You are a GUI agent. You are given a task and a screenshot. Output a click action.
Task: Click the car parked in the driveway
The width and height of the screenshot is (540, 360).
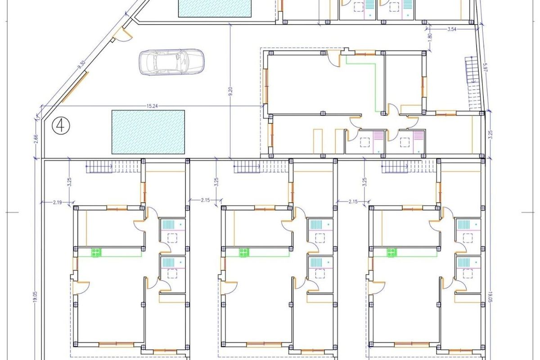coord(171,62)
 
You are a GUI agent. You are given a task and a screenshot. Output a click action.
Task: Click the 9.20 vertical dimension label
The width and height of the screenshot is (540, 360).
coord(230,92)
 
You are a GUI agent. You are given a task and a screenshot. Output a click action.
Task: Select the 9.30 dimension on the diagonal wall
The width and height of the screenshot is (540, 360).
coord(81,65)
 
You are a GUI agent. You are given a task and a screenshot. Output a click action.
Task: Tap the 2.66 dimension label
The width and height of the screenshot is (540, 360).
coord(36,139)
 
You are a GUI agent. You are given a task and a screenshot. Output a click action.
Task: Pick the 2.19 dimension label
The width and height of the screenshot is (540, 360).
coord(57,202)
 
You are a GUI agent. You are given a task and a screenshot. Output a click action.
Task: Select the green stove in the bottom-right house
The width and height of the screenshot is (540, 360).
coord(392,253)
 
